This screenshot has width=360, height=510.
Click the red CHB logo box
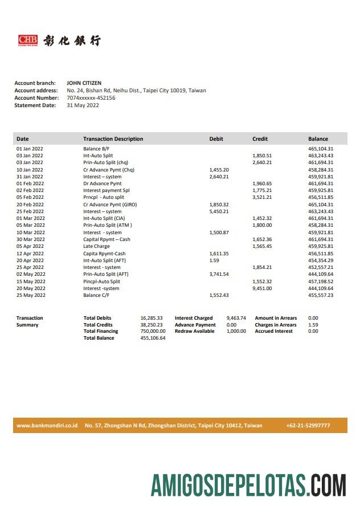(x=28, y=40)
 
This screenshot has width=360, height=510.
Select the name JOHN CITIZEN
(x=84, y=83)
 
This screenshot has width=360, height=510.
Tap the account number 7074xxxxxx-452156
(x=91, y=98)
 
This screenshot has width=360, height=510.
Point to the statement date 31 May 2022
(x=83, y=105)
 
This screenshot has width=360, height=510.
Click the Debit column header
(x=216, y=139)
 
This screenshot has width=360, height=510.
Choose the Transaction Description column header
(x=113, y=139)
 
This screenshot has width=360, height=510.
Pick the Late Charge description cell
(x=96, y=246)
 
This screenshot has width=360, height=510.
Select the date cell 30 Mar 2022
(x=30, y=239)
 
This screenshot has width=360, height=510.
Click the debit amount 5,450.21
(x=219, y=211)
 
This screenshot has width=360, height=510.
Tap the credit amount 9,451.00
(x=262, y=288)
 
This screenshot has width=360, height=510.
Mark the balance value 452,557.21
(x=321, y=267)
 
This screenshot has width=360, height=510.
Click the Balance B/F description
(x=96, y=149)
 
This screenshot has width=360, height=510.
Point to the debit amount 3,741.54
(x=219, y=274)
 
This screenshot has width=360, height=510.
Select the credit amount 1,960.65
(x=262, y=183)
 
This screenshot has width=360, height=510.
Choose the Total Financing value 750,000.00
(x=153, y=331)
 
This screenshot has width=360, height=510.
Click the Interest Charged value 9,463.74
(x=236, y=318)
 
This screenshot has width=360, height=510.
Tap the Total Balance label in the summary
(x=99, y=338)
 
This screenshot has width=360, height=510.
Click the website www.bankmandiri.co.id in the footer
(x=47, y=426)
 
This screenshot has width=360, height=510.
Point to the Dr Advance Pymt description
(x=102, y=183)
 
